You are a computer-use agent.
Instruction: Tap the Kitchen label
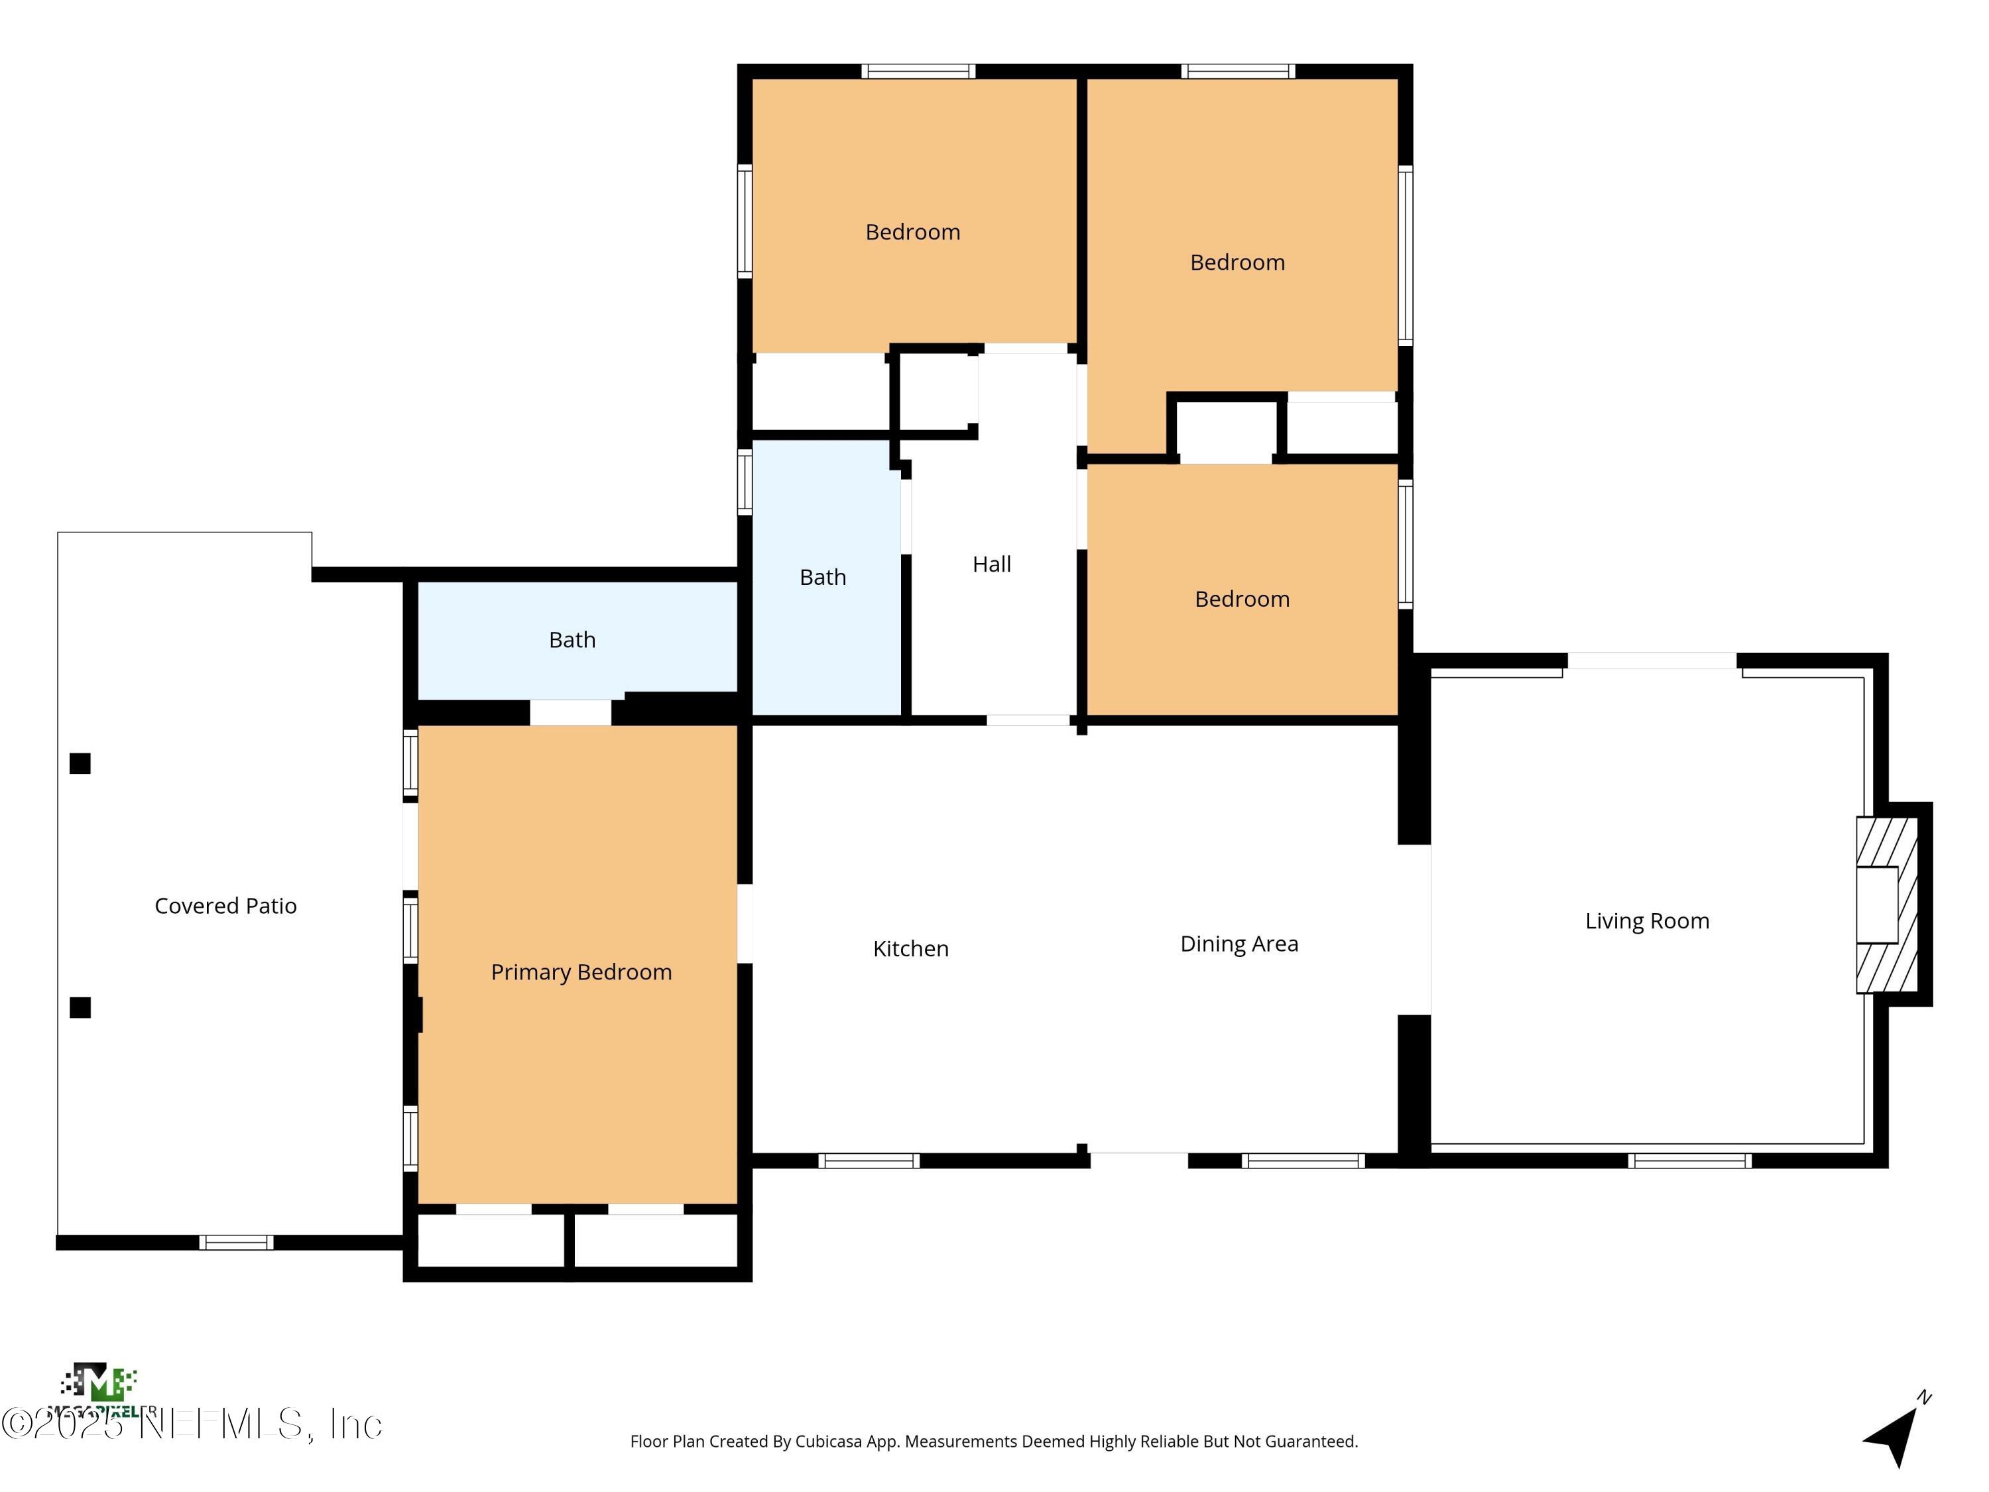pyautogui.click(x=910, y=949)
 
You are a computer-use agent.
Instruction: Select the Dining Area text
pyautogui.click(x=1238, y=944)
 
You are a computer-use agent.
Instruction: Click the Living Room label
pyautogui.click(x=1646, y=921)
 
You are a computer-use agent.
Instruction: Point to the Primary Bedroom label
pyautogui.click(x=581, y=972)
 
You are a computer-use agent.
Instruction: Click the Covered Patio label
pyautogui.click(x=225, y=906)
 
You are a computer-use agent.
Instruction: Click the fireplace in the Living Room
pyautogui.click(x=1886, y=904)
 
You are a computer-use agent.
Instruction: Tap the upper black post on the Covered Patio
pyautogui.click(x=80, y=763)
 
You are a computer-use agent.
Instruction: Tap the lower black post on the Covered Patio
pyautogui.click(x=80, y=1007)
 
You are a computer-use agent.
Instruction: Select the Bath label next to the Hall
pyautogui.click(x=823, y=578)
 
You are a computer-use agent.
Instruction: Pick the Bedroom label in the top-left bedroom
pyautogui.click(x=913, y=232)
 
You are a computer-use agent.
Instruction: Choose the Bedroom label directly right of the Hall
pyautogui.click(x=1242, y=599)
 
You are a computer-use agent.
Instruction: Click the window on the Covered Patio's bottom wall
pyautogui.click(x=235, y=1243)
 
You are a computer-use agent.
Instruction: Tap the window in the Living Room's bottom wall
pyautogui.click(x=1689, y=1161)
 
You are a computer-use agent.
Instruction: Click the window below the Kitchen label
pyautogui.click(x=869, y=1161)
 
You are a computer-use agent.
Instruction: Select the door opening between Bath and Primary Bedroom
pyautogui.click(x=570, y=712)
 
